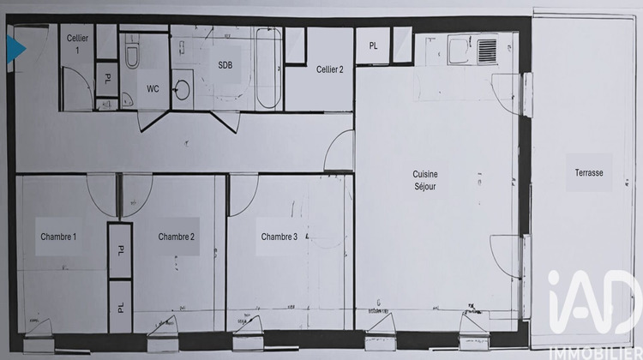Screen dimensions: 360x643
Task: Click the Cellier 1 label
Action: [x=77, y=44]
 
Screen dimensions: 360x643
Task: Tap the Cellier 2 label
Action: [x=329, y=69]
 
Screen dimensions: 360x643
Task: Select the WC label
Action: [x=153, y=88]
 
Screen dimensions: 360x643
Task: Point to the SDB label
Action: [x=225, y=64]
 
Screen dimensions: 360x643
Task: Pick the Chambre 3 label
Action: [x=279, y=237]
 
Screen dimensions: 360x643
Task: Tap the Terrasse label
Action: [x=589, y=173]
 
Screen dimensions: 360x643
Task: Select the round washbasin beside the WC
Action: [x=183, y=89]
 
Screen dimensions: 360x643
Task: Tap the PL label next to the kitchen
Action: [x=373, y=46]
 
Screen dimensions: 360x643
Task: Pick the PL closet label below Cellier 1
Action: [x=107, y=77]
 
